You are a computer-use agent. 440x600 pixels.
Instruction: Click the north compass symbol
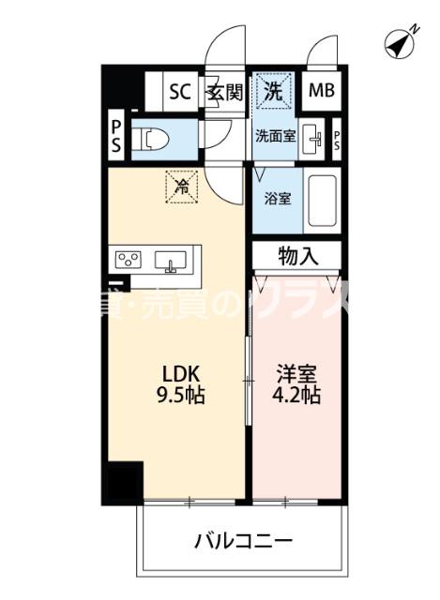(x=402, y=42)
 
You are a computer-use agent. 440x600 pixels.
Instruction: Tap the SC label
(x=179, y=92)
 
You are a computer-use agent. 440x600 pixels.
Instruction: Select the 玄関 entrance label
(x=225, y=92)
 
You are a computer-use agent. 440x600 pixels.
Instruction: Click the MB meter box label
(x=322, y=91)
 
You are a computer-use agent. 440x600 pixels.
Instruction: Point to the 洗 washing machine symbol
(x=272, y=91)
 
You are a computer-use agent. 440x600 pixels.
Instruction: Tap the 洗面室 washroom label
(x=275, y=134)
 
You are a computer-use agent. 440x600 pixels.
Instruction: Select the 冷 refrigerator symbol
(x=182, y=185)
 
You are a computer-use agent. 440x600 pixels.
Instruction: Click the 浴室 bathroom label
(x=277, y=199)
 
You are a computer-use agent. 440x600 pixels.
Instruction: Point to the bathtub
(x=322, y=202)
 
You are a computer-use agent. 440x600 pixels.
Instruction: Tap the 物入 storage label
(x=296, y=254)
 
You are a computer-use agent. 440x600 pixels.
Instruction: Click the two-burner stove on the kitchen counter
(x=128, y=259)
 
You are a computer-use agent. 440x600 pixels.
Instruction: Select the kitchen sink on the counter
(x=171, y=259)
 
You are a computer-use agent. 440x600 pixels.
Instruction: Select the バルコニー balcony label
(x=244, y=541)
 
